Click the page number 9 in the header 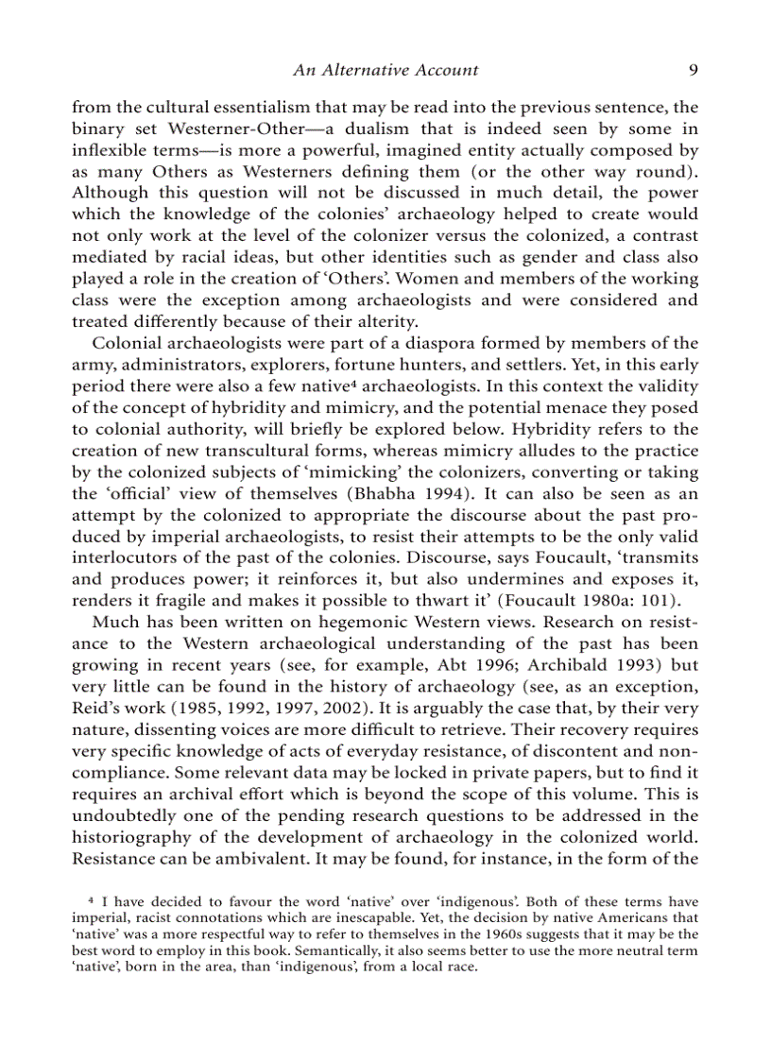(x=693, y=70)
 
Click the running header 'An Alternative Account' (x=385, y=70)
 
